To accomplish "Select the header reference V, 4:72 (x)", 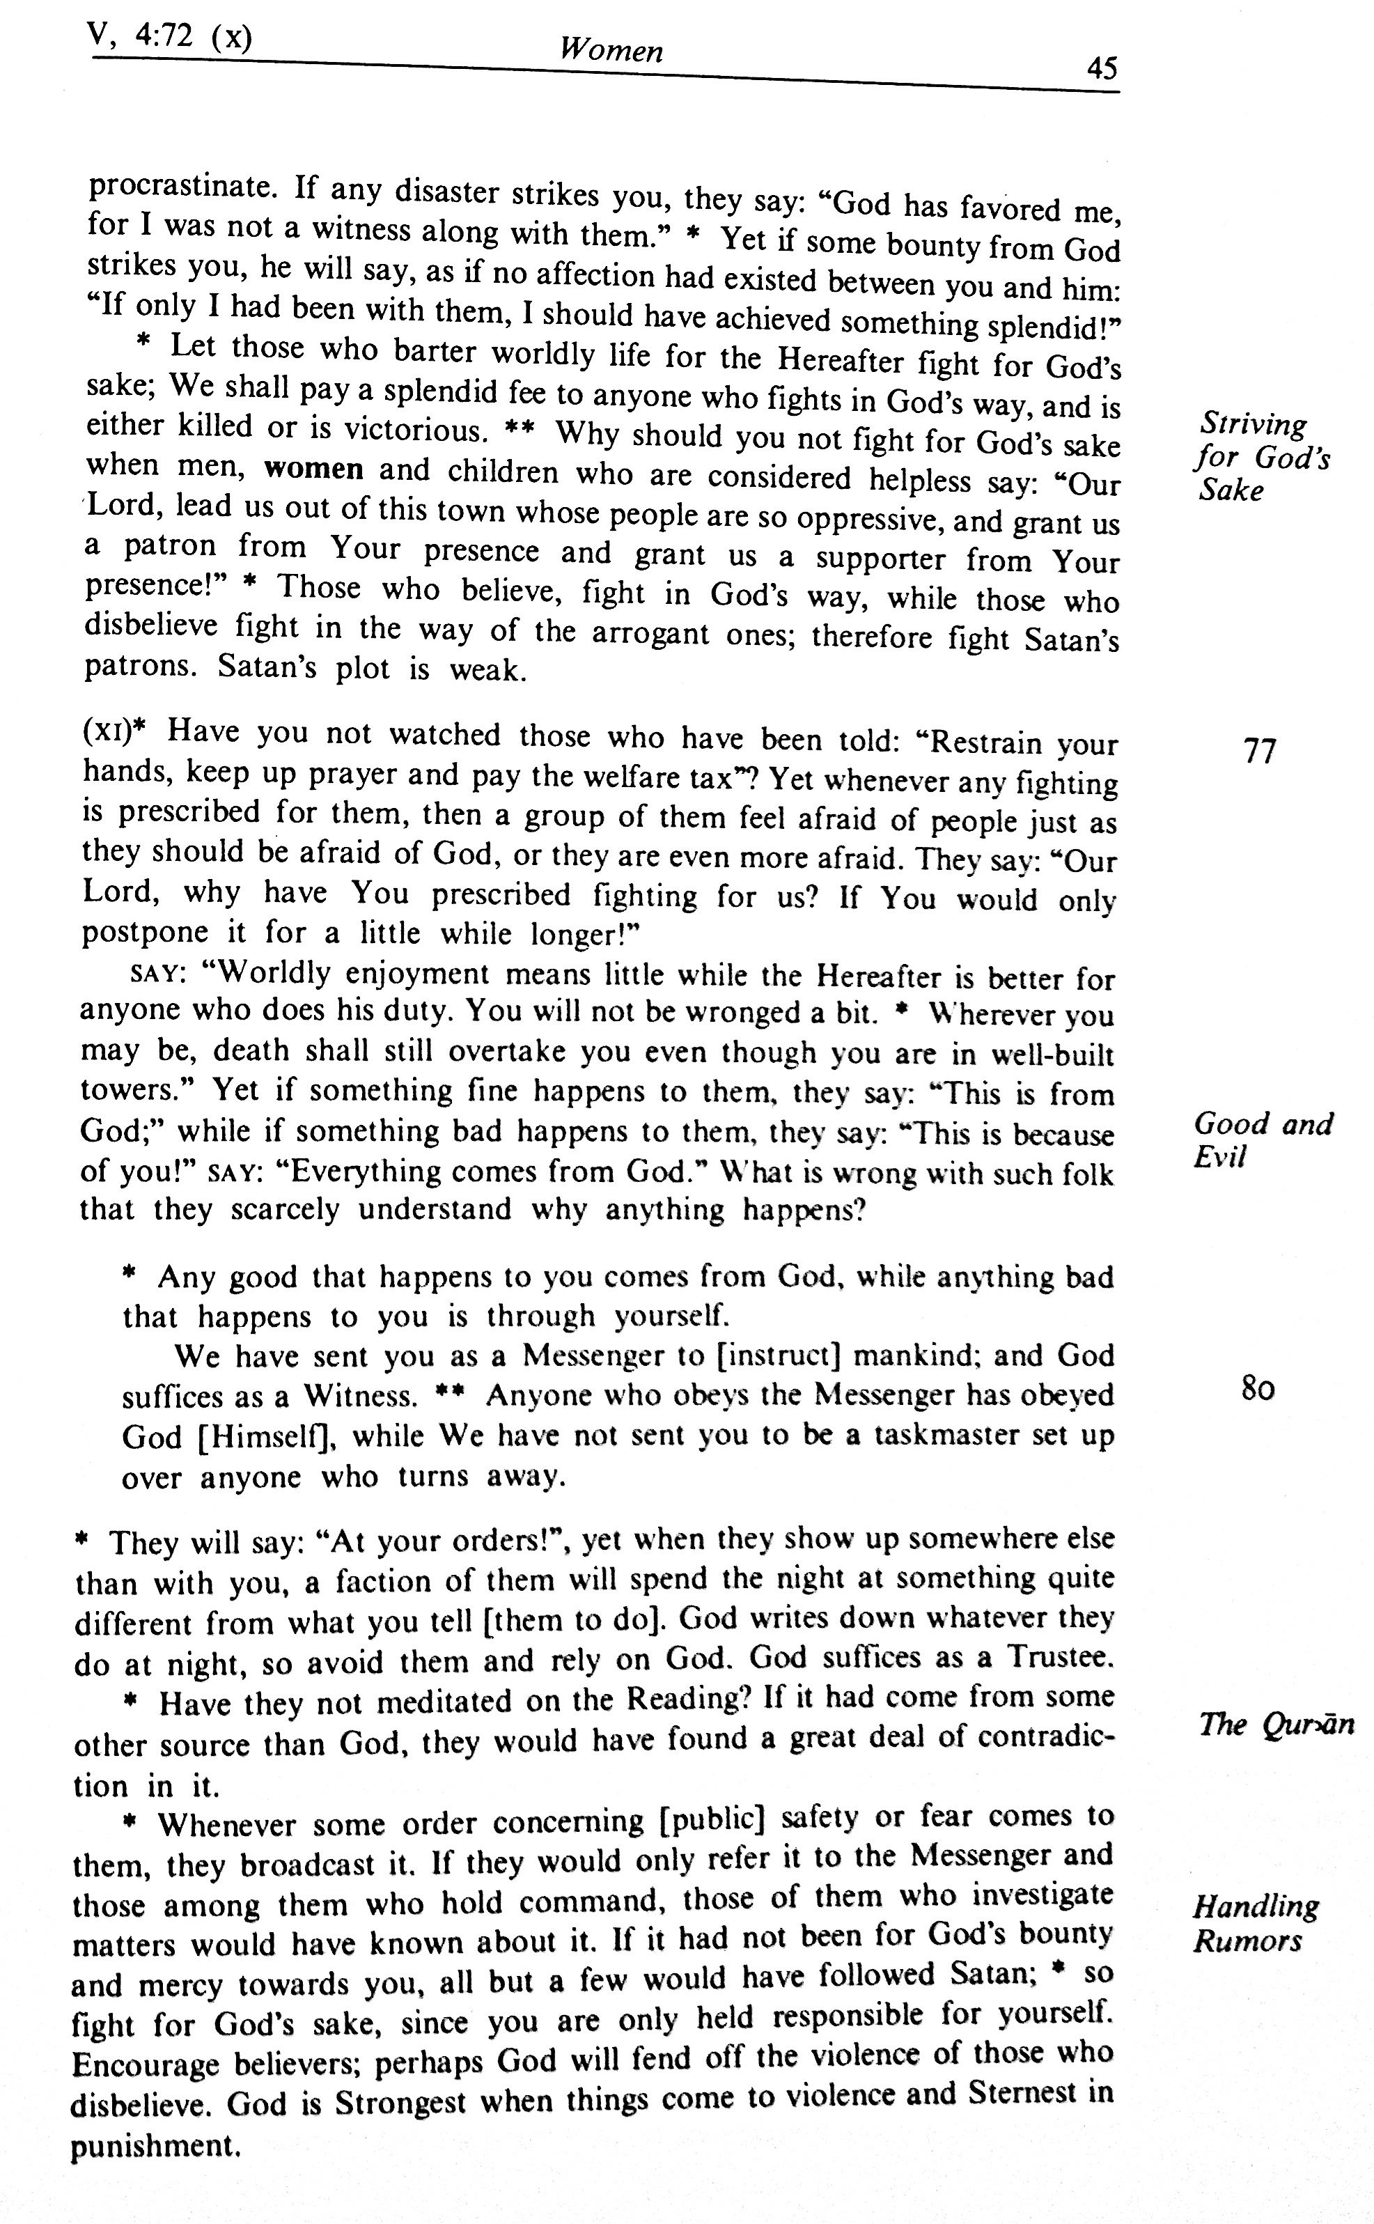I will click(x=169, y=36).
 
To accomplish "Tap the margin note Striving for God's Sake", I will click(x=1261, y=456).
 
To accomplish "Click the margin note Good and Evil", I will click(x=1261, y=1140).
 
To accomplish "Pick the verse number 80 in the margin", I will click(x=1258, y=1389).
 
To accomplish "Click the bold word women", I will click(x=313, y=469).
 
